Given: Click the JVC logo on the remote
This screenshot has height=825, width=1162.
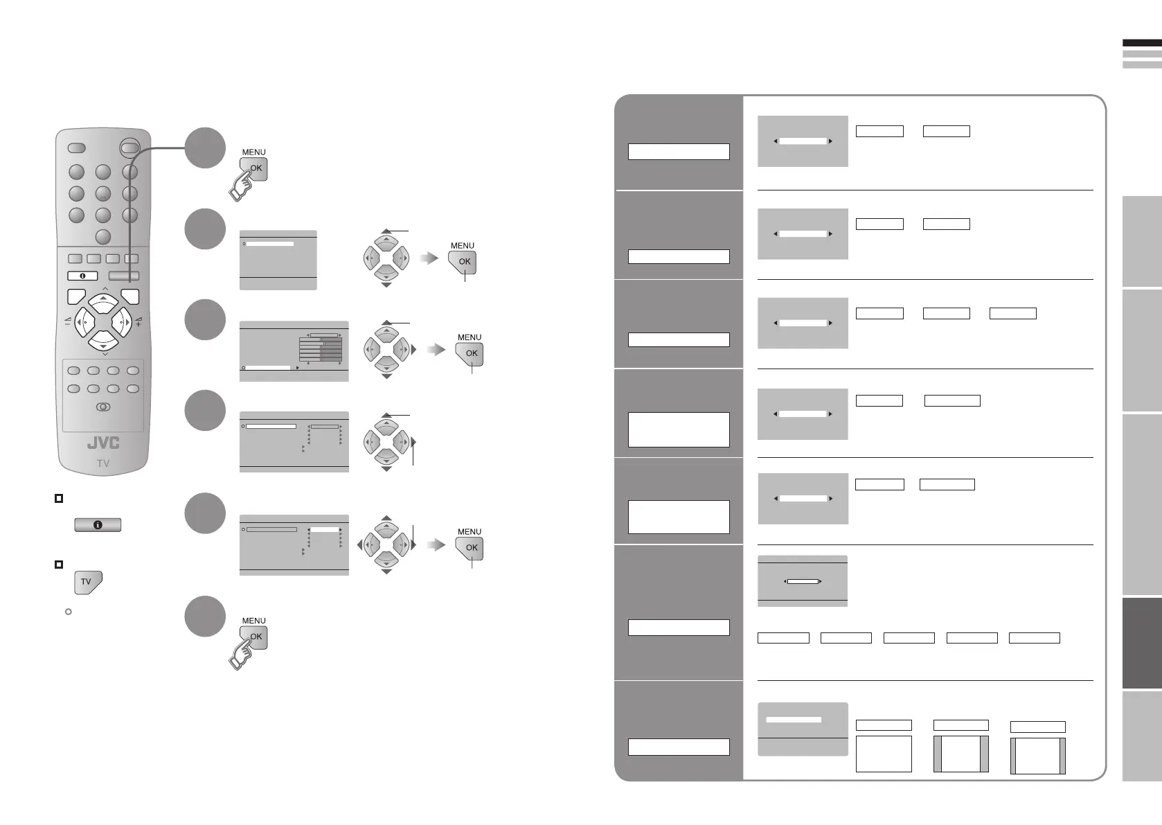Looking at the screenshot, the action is coord(102,443).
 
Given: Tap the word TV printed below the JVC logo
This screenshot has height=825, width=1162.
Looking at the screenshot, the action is coord(102,463).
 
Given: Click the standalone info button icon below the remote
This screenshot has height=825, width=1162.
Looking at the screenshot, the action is coord(98,525).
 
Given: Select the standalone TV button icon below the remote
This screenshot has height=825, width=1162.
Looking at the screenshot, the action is coord(87,582).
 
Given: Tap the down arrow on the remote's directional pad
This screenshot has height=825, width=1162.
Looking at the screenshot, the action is coord(103,341).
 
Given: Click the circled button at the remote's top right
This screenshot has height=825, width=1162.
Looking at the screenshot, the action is coord(129,147).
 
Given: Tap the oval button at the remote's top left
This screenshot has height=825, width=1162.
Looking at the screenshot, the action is coord(76,148).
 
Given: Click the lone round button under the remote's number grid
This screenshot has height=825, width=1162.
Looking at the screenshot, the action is coord(102,237).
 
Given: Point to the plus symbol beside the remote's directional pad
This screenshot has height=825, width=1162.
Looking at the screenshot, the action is coord(138,323).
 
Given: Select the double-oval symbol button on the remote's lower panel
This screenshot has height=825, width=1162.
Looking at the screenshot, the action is coord(103,407).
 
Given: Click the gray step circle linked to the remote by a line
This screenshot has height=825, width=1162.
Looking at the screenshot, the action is coord(206,148).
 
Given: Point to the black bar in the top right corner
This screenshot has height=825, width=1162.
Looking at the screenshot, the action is coord(1141,43).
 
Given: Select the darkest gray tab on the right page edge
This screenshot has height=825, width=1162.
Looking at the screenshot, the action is coord(1141,644).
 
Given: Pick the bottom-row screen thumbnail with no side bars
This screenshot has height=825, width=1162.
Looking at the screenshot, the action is coord(884,754).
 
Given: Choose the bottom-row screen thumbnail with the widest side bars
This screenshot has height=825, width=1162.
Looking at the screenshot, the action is coord(960,754).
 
